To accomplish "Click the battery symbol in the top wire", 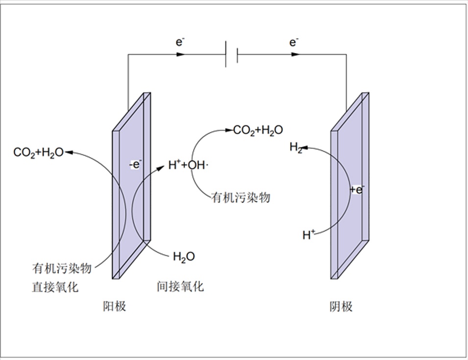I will coord(231,54).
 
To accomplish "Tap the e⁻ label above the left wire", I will coord(181,42).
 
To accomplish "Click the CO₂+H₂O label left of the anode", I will coord(38,153).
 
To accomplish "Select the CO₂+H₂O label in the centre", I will coord(258,130).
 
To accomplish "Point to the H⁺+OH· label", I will coord(188,166).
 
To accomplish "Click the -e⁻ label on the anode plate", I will coord(135,165).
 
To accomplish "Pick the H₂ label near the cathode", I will coord(296,147).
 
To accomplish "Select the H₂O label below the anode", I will coord(184,257).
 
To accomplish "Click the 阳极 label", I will coord(114,307).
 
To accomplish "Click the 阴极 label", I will coord(341,307).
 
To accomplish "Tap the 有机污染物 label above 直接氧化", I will coord(62,268).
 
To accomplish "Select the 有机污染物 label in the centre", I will coord(241,198).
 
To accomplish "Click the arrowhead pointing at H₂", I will coord(305,147).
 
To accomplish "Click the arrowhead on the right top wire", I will coord(295,54).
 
